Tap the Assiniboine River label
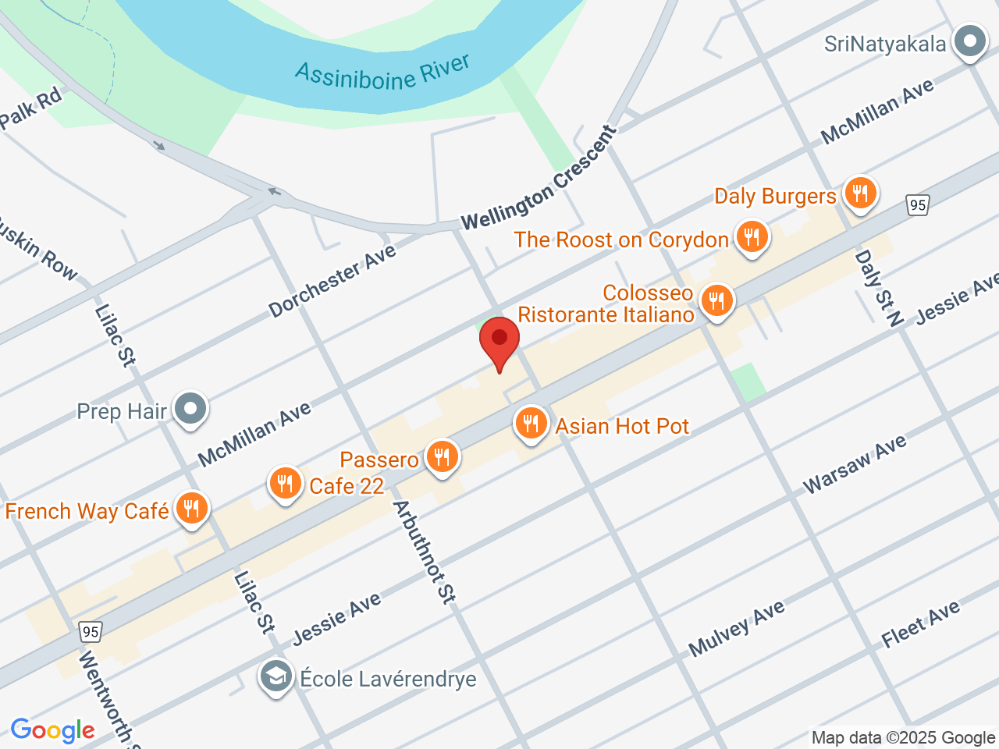click(382, 73)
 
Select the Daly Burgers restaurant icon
click(860, 193)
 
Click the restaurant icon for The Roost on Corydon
click(752, 237)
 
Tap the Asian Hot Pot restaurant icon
click(531, 424)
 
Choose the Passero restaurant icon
click(442, 458)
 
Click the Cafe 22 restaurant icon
click(285, 485)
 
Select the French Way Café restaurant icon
click(190, 509)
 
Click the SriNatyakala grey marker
click(970, 41)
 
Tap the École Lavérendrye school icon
click(276, 677)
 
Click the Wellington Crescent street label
click(539, 179)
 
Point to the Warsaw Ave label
click(855, 464)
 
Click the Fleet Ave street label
click(920, 624)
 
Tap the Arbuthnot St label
click(423, 552)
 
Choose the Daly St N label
click(878, 287)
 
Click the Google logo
click(52, 730)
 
